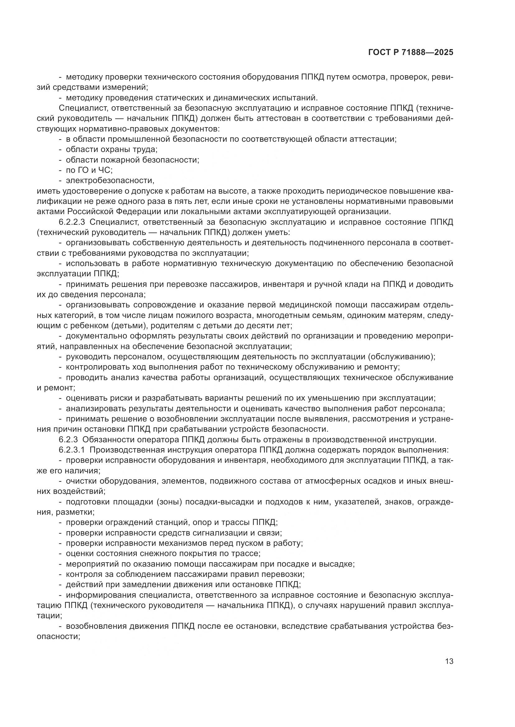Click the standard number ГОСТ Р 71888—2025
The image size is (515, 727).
(x=411, y=53)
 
